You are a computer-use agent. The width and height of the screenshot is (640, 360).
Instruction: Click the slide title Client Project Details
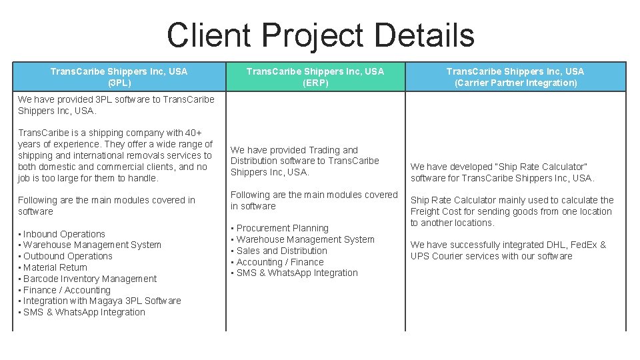[320, 35]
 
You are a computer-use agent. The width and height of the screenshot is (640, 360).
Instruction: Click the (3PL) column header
[119, 77]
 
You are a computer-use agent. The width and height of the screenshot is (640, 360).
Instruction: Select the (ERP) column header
[315, 77]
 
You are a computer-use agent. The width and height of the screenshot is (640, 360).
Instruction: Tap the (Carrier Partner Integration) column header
[515, 77]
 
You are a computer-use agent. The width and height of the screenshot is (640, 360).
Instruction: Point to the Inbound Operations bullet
[64, 234]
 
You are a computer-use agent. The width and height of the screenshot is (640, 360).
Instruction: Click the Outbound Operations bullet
[67, 256]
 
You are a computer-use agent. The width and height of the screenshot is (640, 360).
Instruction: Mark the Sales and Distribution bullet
[281, 251]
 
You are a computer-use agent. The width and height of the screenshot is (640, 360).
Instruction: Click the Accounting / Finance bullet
[279, 262]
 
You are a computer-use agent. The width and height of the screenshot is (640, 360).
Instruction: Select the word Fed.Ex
[581, 245]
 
